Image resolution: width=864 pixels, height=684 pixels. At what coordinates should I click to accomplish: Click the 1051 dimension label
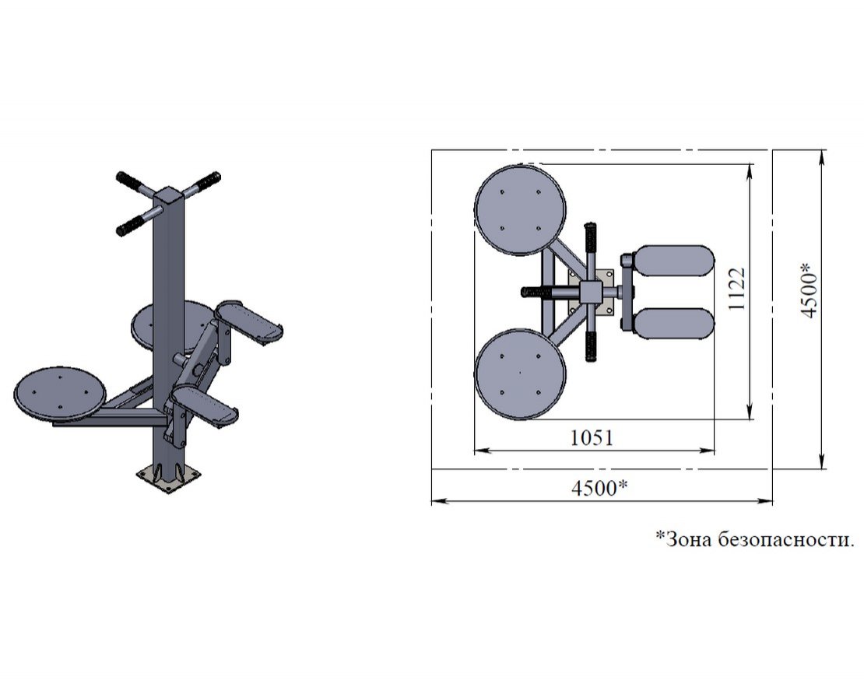592,437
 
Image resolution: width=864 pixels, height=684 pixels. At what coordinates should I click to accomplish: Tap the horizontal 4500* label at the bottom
599,488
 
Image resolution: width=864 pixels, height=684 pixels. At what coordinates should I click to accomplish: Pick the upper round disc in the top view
520,210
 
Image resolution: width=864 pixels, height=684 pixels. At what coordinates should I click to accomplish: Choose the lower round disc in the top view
520,374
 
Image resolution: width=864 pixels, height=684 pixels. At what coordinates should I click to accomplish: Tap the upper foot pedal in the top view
674,261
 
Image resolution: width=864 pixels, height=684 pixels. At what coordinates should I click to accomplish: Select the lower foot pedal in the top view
674,324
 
